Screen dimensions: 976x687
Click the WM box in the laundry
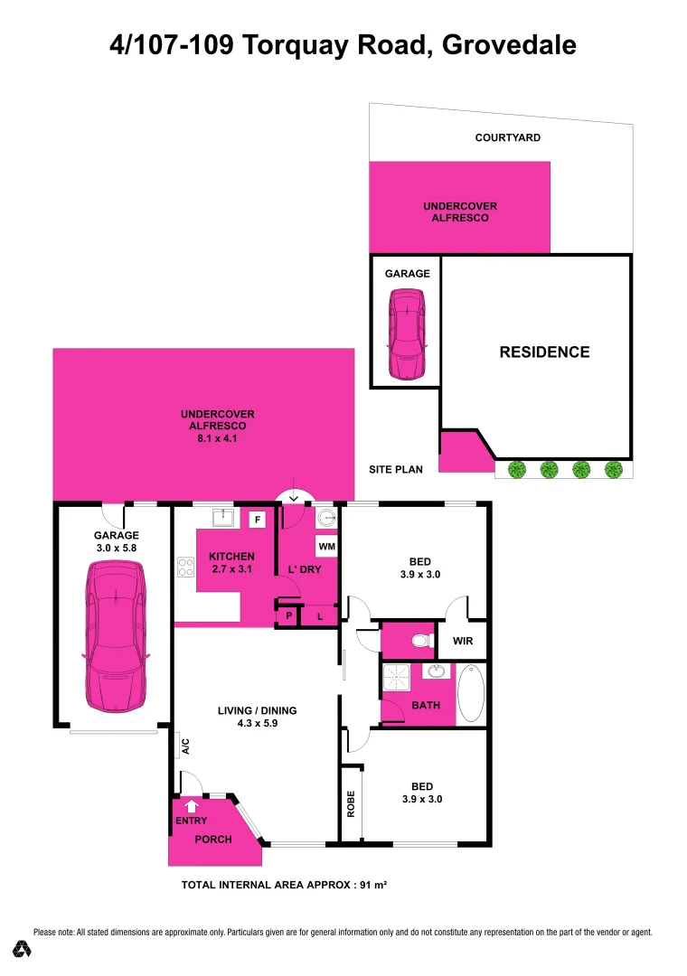[x=325, y=547]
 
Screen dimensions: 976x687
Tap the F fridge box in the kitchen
[x=258, y=520]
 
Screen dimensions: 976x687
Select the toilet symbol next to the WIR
[x=417, y=642]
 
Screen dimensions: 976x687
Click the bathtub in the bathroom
[x=471, y=693]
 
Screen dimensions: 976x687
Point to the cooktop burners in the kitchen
[x=187, y=568]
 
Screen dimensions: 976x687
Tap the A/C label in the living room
[x=184, y=746]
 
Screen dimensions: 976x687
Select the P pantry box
[x=288, y=616]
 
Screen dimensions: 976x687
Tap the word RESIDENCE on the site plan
[x=544, y=352]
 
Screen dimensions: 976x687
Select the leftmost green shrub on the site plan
[x=516, y=470]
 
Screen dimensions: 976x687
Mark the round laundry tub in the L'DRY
[x=325, y=519]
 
